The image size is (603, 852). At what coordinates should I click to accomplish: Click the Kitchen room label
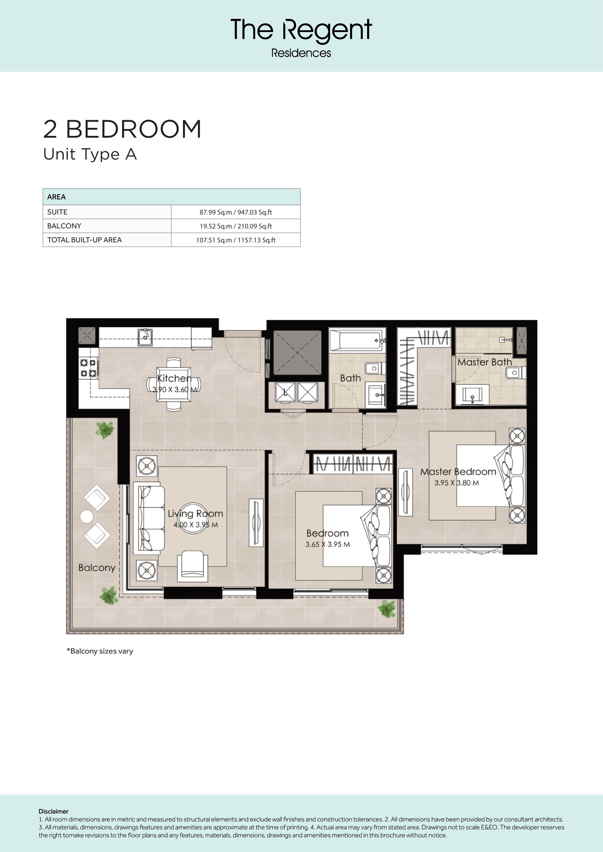point(174,378)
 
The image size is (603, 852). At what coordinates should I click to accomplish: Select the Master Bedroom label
point(458,472)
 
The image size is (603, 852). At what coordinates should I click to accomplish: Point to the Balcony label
point(97,568)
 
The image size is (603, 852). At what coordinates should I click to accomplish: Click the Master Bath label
point(485,362)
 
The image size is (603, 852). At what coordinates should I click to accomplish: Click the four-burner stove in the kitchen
point(88,368)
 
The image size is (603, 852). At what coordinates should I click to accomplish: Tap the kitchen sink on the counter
point(145,337)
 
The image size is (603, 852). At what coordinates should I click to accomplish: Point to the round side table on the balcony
point(86,517)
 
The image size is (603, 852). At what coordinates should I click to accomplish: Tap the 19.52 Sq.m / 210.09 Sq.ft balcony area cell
point(236,226)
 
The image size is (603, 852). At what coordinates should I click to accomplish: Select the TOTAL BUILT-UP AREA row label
point(85,240)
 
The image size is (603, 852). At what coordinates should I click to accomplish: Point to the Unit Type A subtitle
point(90,154)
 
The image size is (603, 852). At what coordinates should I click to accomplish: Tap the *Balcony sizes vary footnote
point(100,651)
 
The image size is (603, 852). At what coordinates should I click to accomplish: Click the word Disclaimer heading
point(54,811)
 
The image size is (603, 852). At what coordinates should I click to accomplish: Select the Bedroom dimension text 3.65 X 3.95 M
point(327,544)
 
